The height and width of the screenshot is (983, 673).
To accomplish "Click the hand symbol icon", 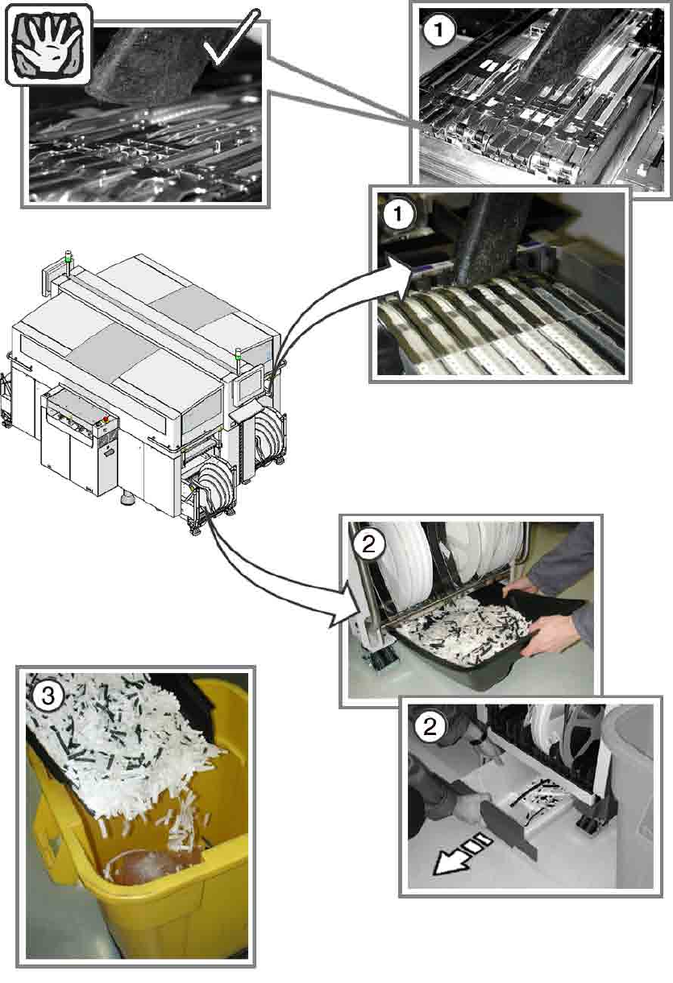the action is [x=48, y=45].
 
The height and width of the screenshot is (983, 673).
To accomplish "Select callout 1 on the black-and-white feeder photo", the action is [x=438, y=30].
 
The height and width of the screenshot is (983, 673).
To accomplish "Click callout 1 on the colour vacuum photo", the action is [x=397, y=215].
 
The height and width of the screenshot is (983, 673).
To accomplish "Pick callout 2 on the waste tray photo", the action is [x=368, y=545].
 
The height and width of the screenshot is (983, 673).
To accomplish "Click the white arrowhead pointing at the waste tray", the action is [x=348, y=611].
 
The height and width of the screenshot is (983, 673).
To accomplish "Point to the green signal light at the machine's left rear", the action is [x=68, y=259].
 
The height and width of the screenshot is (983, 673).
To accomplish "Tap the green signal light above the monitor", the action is [x=238, y=357].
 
